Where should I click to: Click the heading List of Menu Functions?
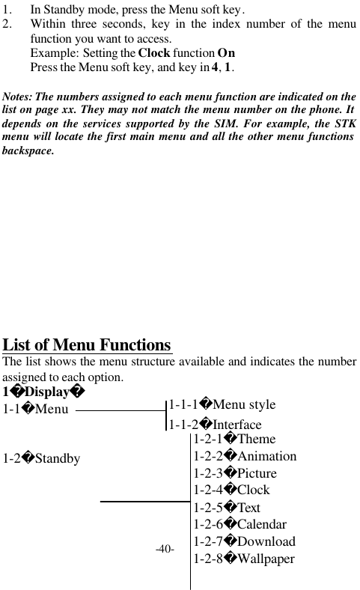88,345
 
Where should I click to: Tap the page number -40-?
165,550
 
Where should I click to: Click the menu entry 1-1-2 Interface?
215,425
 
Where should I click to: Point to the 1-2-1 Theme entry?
234,439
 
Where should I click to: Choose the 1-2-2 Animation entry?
245,456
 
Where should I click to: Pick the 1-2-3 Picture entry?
235,473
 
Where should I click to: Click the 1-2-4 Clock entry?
231,490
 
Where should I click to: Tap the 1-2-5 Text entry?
227,507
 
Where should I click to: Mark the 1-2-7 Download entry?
244,541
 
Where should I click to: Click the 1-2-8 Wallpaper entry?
244,559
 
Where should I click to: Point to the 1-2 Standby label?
42,457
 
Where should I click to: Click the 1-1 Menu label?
35,409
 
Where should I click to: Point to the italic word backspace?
28,150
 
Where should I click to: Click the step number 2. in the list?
7,23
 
